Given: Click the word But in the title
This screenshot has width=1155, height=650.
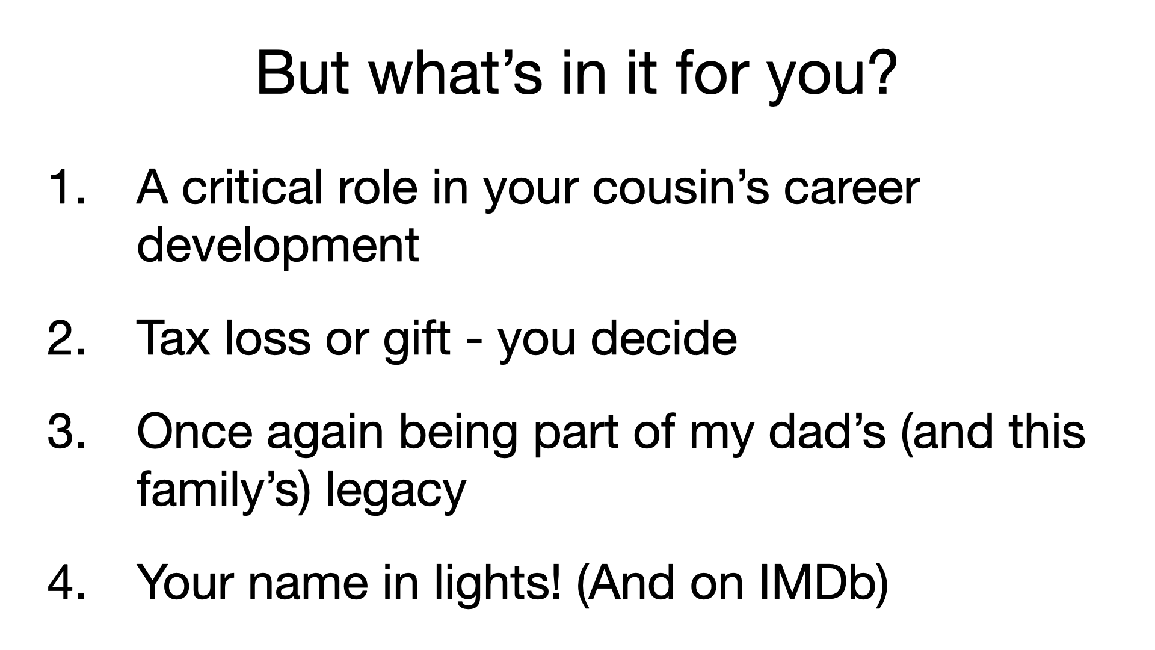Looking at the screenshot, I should [302, 73].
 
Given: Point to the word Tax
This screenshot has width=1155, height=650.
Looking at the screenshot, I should [173, 338].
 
